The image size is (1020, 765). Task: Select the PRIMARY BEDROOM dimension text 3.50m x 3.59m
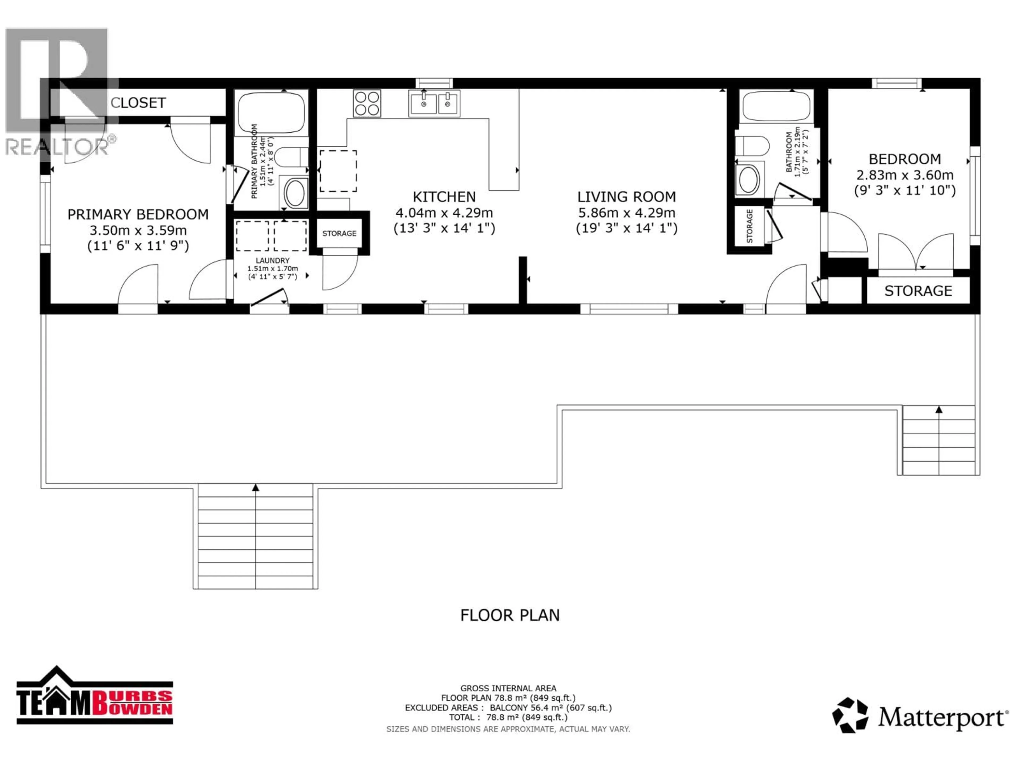138,230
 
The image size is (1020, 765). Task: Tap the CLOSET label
138,103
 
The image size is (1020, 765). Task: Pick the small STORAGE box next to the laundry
339,233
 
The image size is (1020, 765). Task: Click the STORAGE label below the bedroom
918,291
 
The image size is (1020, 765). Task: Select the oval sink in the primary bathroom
295,193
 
